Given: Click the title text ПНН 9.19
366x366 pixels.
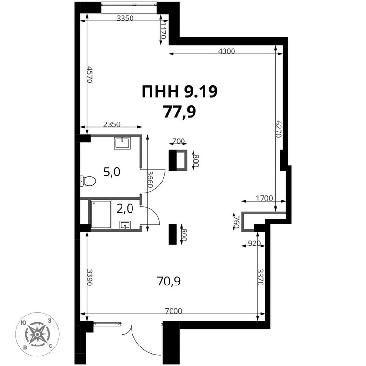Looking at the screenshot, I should coord(180,91).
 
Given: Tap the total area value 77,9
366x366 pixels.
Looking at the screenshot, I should coord(180,112).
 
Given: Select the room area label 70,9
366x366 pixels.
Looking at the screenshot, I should coord(168,281).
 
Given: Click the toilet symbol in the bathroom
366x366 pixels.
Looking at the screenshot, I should coord(88,181).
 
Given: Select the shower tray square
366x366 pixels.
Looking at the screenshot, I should coord(101,214).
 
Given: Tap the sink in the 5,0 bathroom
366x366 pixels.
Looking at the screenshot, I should coord(123,142).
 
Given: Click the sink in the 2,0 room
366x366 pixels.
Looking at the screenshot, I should coord(126,224).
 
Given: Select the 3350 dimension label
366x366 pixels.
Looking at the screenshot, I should coord(124,18).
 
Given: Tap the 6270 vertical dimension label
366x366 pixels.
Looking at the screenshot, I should coord(279,128).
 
